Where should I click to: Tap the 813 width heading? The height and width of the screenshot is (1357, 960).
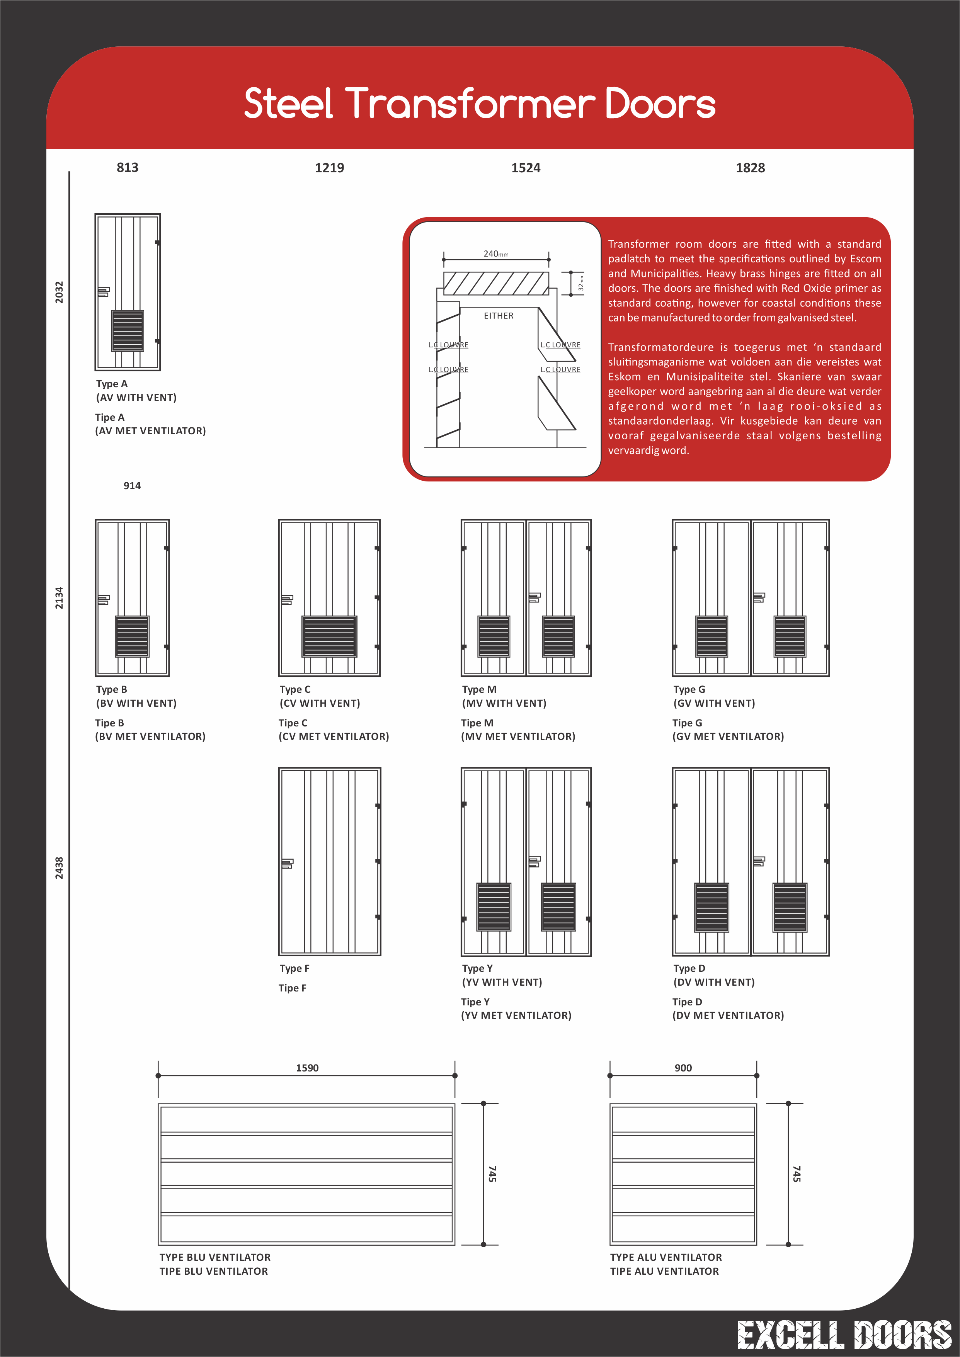pyautogui.click(x=127, y=167)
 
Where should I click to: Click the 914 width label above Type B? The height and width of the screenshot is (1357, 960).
pyautogui.click(x=132, y=486)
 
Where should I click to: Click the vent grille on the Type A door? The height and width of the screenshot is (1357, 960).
pyautogui.click(x=128, y=330)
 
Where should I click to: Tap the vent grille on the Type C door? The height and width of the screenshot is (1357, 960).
pyautogui.click(x=329, y=636)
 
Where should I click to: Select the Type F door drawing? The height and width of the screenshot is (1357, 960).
pyautogui.click(x=329, y=861)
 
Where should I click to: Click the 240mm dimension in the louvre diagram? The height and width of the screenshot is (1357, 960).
pyautogui.click(x=495, y=253)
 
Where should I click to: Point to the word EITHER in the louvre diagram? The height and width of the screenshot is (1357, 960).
pyautogui.click(x=498, y=316)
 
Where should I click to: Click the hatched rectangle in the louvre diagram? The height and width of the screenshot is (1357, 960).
pyautogui.click(x=495, y=283)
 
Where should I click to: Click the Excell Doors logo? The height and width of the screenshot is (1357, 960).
pyautogui.click(x=844, y=1335)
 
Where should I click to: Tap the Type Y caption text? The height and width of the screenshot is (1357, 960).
pyautogui.click(x=477, y=968)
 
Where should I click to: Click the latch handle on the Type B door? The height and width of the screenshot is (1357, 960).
pyautogui.click(x=104, y=600)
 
